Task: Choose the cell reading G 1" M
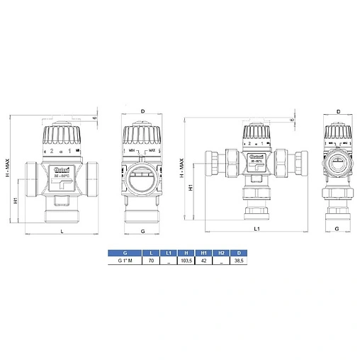pos(125,261)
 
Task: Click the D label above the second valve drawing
pos(142,111)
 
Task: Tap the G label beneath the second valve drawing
pos(142,231)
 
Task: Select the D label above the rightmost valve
pos(338,111)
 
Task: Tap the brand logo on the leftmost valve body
pos(62,169)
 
